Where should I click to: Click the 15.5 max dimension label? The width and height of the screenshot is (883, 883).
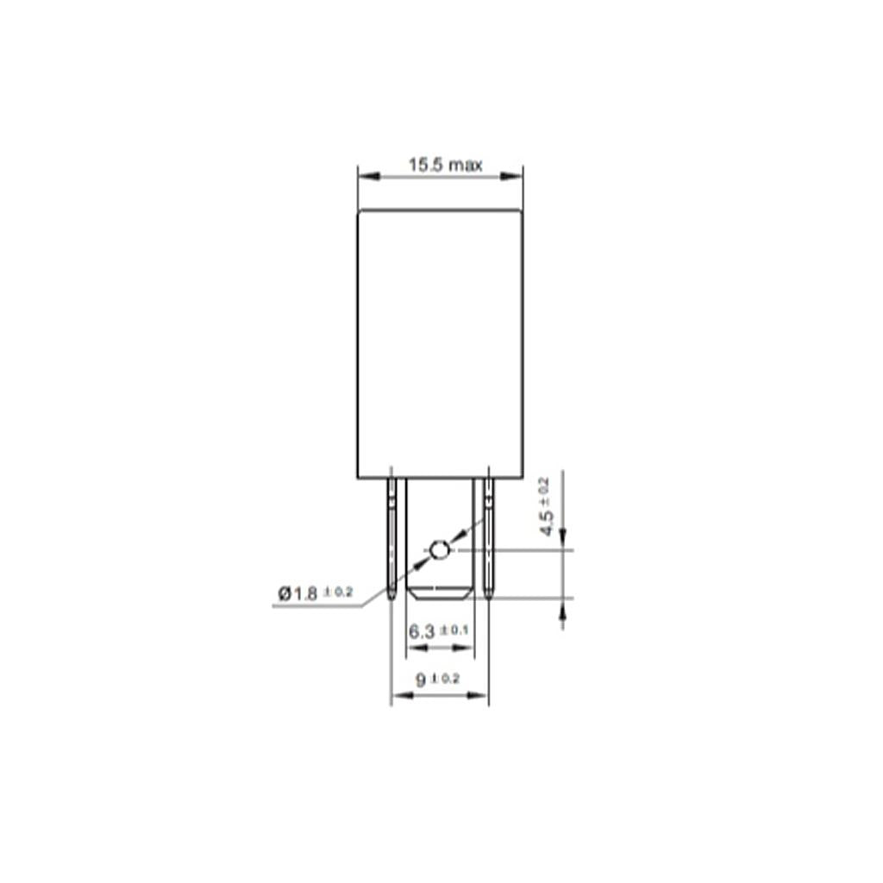click(445, 165)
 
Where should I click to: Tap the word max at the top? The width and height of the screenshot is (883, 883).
click(466, 166)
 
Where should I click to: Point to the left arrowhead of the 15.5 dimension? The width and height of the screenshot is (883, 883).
click(369, 176)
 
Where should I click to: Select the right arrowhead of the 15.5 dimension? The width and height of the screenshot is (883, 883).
click(511, 176)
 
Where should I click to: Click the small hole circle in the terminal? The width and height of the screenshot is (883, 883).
click(439, 549)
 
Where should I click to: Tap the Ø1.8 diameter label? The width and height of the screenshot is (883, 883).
click(297, 593)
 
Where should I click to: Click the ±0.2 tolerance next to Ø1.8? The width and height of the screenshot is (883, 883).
click(338, 592)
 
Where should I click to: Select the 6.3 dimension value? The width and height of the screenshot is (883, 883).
click(422, 632)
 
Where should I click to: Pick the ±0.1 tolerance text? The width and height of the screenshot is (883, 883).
click(454, 629)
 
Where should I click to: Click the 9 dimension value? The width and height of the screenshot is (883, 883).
click(421, 680)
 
